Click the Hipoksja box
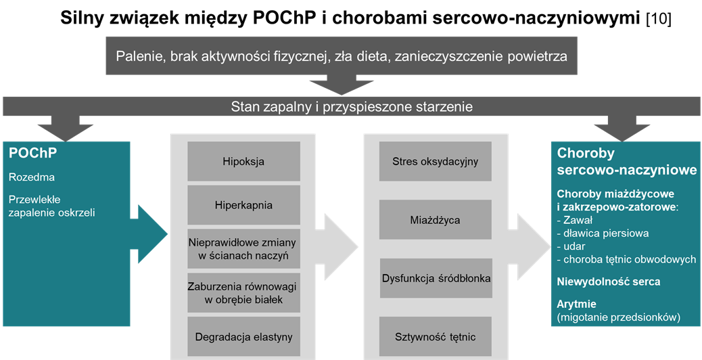(243, 161)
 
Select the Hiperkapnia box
(243, 205)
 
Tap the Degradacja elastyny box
(243, 337)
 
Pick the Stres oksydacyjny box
(435, 161)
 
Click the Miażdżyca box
(435, 220)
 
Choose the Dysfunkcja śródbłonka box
(436, 278)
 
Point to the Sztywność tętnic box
(435, 337)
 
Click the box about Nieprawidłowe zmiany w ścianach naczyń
(243, 249)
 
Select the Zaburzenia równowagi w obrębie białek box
(243, 293)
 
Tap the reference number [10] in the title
(659, 20)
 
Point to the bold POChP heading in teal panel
(33, 153)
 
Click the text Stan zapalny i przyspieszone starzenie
(352, 107)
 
